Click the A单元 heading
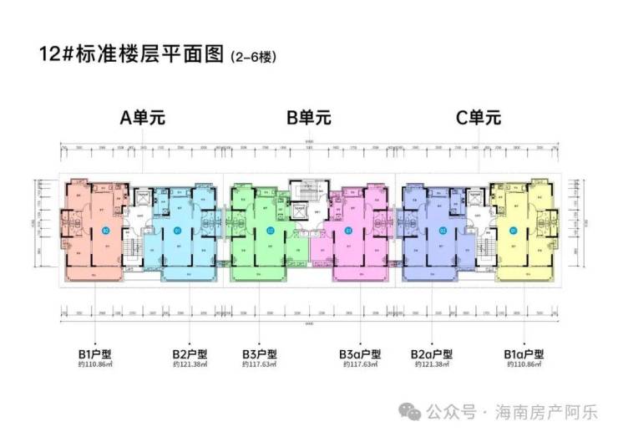click(x=143, y=118)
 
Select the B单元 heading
click(x=309, y=118)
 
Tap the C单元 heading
click(x=478, y=118)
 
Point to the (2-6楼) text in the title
click(x=252, y=58)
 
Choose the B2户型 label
click(x=191, y=353)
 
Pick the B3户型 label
click(x=261, y=353)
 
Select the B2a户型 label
click(x=431, y=353)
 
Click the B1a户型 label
click(x=524, y=353)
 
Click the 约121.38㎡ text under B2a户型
click(x=431, y=365)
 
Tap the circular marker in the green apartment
click(x=270, y=230)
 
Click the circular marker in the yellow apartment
click(x=513, y=230)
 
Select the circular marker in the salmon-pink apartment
click(x=105, y=230)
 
